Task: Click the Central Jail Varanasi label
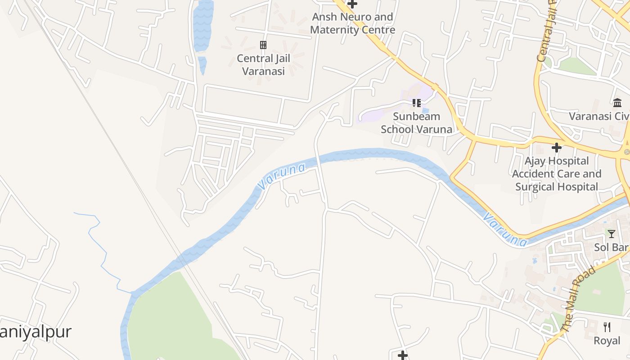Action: (263, 64)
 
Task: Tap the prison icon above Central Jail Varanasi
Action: (263, 45)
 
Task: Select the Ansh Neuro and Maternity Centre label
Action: (353, 23)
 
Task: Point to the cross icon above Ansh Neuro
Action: (352, 4)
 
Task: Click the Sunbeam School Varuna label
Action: (416, 123)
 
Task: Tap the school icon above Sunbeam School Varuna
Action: (417, 103)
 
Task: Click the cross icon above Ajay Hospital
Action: (557, 147)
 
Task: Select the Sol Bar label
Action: (611, 247)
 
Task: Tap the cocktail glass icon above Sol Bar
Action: (611, 234)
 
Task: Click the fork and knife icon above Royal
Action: (607, 327)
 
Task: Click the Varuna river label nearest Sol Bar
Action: (504, 230)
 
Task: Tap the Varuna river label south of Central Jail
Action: (281, 176)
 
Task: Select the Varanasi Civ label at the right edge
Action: (598, 116)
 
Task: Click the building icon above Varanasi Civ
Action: (617, 103)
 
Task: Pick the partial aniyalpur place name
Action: (36, 332)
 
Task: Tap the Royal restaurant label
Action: (607, 340)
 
